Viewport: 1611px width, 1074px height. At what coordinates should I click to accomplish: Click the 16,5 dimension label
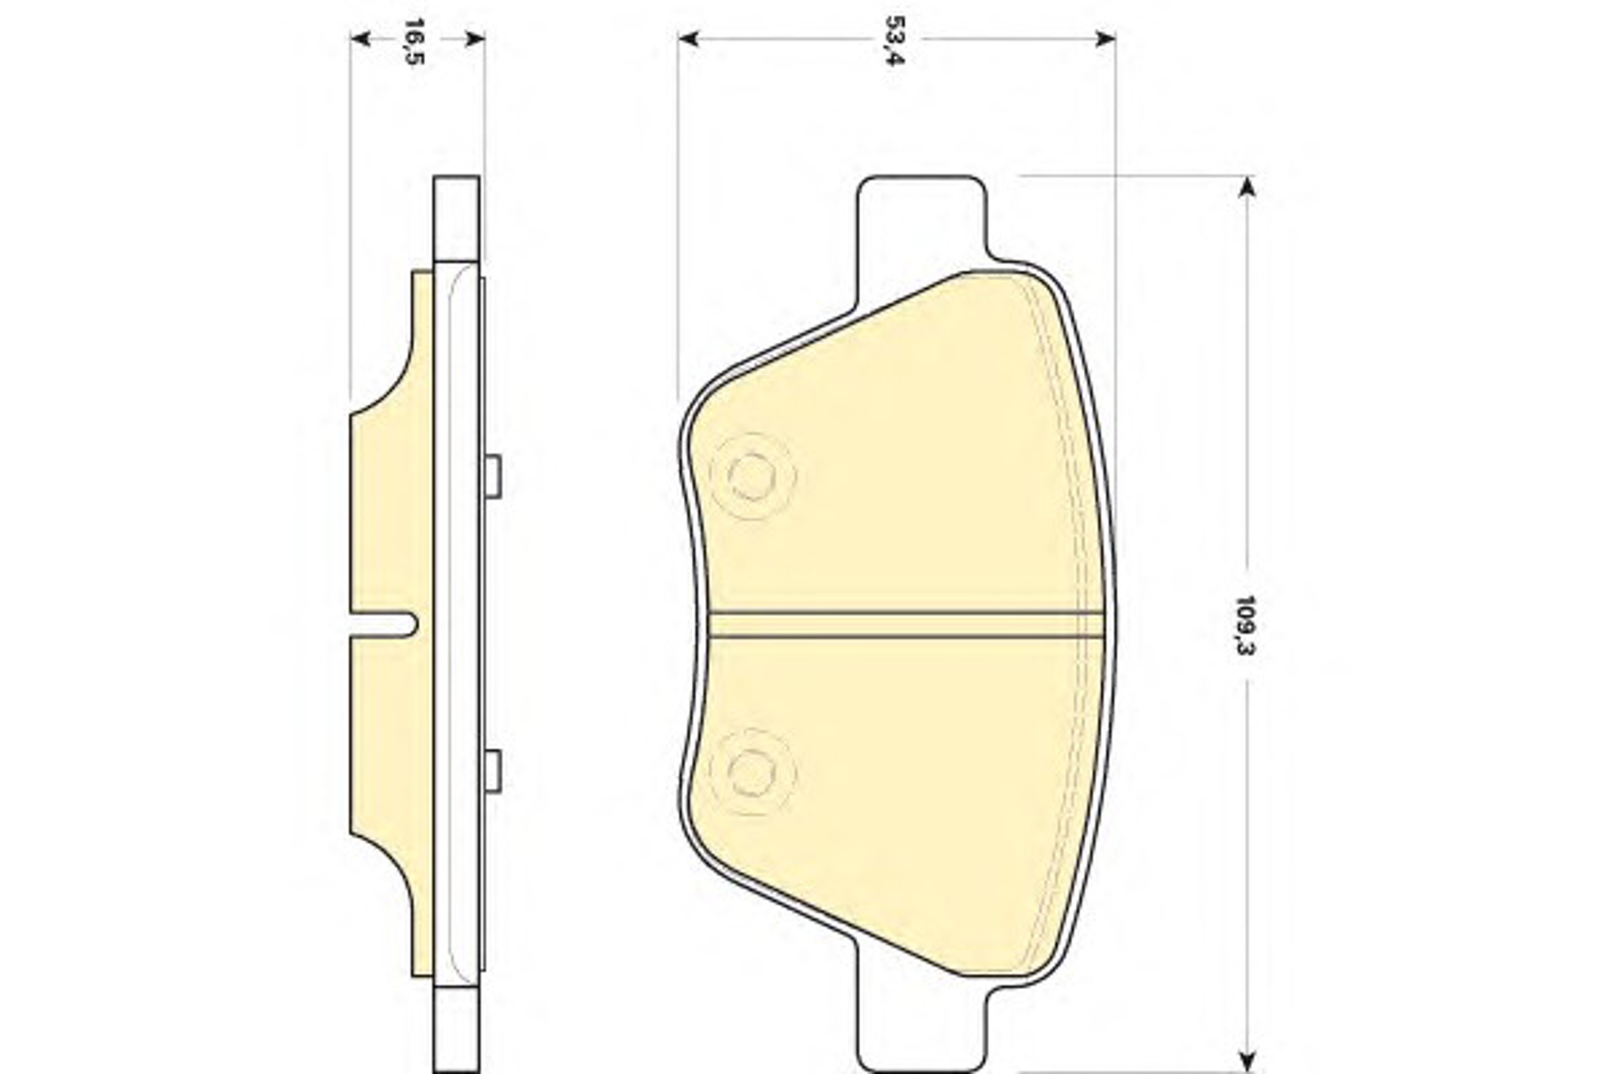pos(413,42)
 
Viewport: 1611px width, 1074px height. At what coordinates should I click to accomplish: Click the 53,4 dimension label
pos(895,40)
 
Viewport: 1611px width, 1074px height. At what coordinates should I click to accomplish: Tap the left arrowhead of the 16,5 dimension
pos(360,38)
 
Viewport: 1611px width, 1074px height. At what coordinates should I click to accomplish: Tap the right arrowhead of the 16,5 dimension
pos(475,38)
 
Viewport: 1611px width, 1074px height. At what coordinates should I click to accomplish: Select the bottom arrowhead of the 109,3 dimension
pos(1247,1061)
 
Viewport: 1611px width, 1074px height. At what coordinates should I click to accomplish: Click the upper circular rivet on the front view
pos(752,475)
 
